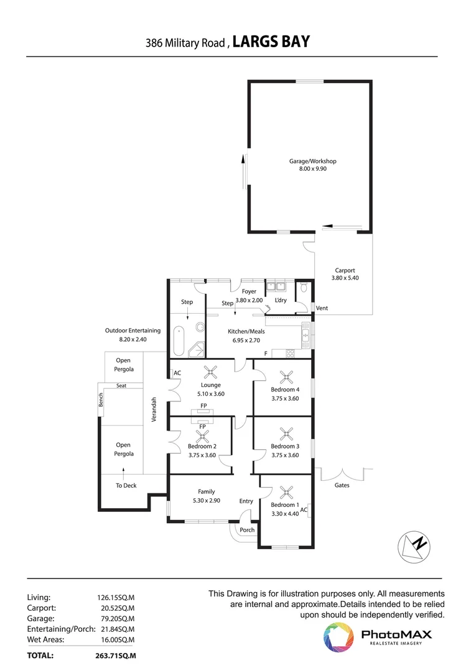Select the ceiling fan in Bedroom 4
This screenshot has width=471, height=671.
(286, 376)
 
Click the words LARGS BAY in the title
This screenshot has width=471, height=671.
(271, 42)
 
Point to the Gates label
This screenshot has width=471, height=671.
(342, 485)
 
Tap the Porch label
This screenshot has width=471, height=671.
(247, 530)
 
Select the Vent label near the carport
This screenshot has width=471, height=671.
(322, 308)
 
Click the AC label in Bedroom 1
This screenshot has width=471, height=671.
(304, 510)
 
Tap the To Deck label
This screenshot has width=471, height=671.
(126, 485)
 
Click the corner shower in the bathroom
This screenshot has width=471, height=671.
(198, 350)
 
